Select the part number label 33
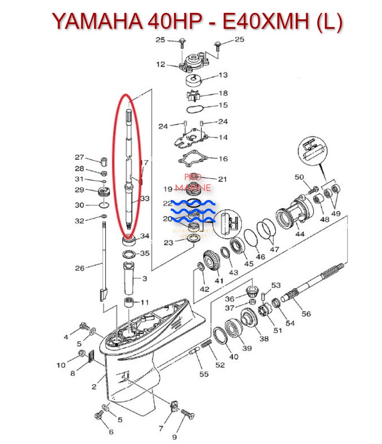(x=145, y=199)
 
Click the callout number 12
(x=161, y=65)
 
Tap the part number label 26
(x=80, y=268)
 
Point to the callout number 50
(x=299, y=177)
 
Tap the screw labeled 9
(x=187, y=415)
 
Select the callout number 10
(x=61, y=365)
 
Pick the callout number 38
(x=264, y=339)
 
